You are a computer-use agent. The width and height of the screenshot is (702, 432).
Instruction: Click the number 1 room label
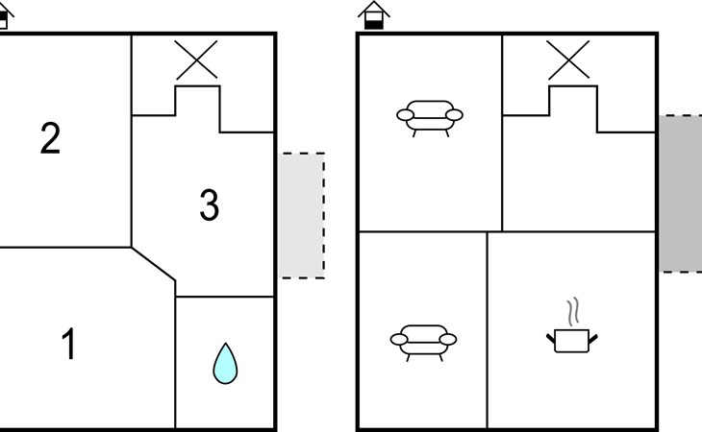click(68, 343)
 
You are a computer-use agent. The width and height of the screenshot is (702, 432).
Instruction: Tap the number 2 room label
click(50, 138)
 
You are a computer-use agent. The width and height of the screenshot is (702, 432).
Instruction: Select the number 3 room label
click(209, 204)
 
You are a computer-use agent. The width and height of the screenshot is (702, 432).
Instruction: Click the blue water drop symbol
click(225, 363)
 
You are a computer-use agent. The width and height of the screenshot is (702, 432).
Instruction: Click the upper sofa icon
click(430, 118)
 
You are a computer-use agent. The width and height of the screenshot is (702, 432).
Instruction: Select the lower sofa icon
click(423, 343)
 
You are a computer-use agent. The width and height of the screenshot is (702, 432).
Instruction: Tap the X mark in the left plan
click(196, 60)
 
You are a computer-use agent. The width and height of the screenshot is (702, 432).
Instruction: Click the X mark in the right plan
click(568, 60)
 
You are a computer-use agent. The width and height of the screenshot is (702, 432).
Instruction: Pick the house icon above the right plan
click(374, 15)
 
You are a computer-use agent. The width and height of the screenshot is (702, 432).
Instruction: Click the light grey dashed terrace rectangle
click(302, 215)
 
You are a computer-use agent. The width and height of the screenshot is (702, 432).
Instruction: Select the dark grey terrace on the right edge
click(680, 193)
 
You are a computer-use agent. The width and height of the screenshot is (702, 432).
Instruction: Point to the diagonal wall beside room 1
click(153, 264)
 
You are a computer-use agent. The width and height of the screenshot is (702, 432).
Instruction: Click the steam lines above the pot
click(573, 311)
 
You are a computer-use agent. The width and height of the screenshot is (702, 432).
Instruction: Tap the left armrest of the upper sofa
click(405, 115)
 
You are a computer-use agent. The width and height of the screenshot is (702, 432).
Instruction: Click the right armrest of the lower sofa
click(448, 340)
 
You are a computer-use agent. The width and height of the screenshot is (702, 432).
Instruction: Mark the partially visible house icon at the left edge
click(6, 15)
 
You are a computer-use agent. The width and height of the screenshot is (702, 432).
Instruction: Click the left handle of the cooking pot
click(551, 339)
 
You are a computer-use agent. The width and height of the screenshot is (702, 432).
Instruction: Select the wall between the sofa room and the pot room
click(488, 329)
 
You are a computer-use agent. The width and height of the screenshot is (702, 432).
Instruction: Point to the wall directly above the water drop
click(225, 297)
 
